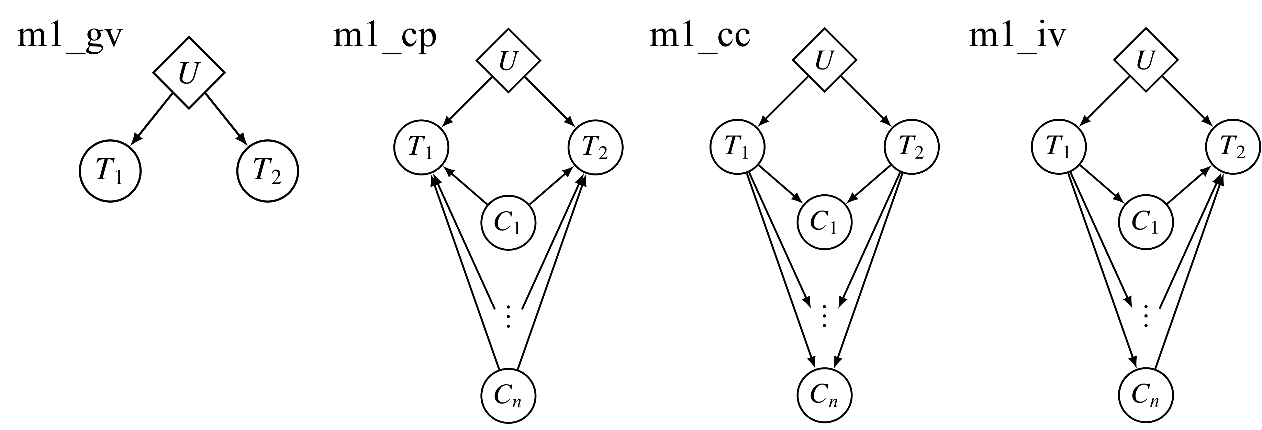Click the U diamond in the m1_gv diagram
pyautogui.click(x=189, y=73)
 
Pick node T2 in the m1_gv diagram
pyautogui.click(x=268, y=172)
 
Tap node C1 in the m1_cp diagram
pyautogui.click(x=509, y=223)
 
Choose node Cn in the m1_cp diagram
pyautogui.click(x=509, y=396)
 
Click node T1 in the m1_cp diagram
pyautogui.click(x=421, y=147)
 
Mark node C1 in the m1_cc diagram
pyautogui.click(x=825, y=223)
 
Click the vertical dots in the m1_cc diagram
pyautogui.click(x=825, y=315)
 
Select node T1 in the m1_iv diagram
pyautogui.click(x=1058, y=147)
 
